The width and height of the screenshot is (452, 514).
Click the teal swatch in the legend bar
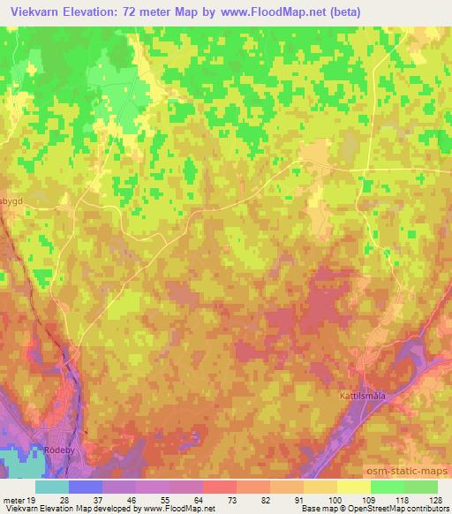pos(52,487)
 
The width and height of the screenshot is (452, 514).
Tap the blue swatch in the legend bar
pos(86,487)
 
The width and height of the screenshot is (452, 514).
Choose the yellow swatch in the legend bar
pos(353,487)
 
